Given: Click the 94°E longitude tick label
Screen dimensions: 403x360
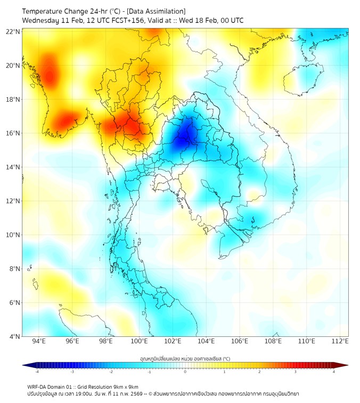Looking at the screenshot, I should point(39,342).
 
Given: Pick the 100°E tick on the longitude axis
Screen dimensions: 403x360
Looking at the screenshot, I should point(140,342).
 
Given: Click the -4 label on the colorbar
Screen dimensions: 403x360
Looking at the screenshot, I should point(37,372).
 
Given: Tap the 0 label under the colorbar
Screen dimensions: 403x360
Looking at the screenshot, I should point(185,372).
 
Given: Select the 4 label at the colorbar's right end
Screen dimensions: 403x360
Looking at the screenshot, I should point(334,372).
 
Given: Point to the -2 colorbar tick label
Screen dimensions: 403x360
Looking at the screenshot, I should point(110,372).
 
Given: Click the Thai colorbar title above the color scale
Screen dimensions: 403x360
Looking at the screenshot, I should point(185,359).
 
